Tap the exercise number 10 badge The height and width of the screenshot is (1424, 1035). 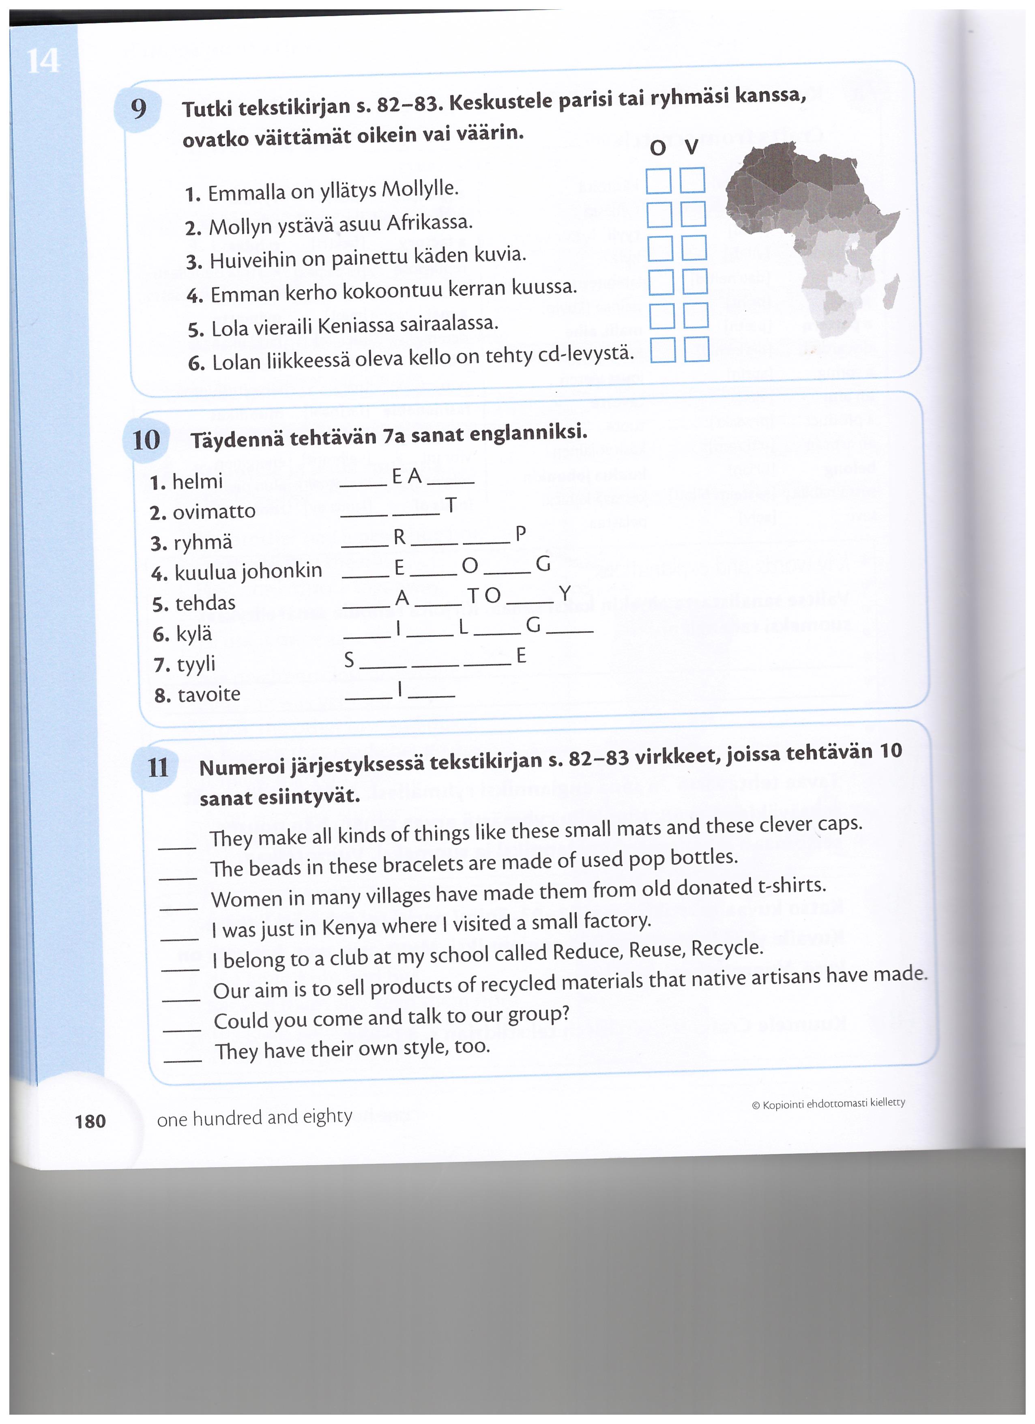click(146, 439)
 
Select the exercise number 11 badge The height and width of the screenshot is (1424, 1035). click(157, 767)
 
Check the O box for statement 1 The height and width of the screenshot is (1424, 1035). click(658, 181)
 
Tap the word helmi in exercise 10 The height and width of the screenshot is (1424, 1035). click(197, 482)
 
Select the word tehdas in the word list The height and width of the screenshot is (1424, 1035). click(205, 603)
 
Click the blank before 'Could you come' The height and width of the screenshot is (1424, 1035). click(182, 1029)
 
